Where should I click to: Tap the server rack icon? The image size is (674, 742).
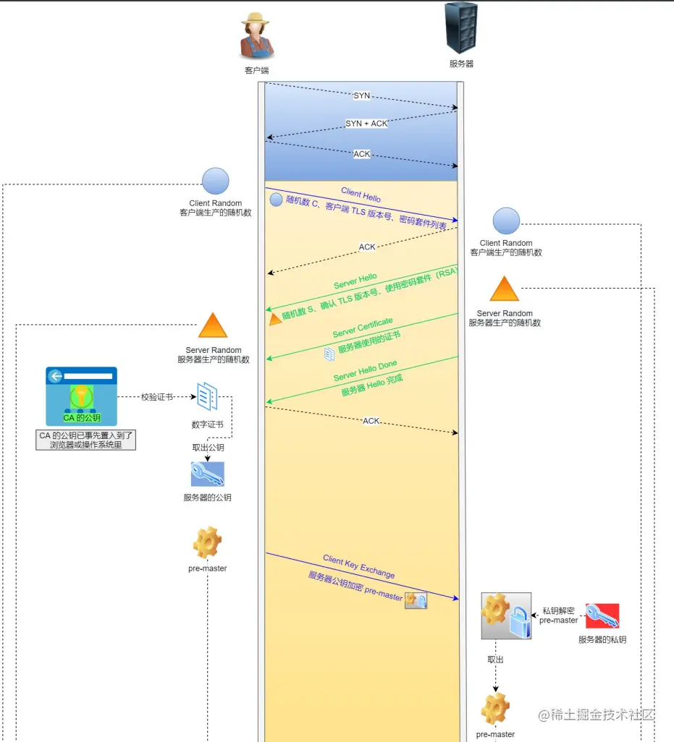point(461,28)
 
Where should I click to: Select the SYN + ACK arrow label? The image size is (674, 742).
point(366,124)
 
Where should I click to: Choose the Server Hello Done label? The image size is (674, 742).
point(365,371)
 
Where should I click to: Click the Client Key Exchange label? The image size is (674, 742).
point(359,567)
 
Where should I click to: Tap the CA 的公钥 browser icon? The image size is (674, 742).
point(81,396)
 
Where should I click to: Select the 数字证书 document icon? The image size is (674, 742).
point(208,396)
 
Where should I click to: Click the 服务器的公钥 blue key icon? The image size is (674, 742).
point(207,474)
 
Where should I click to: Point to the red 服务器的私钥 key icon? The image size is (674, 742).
point(602,615)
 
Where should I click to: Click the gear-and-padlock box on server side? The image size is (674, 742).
point(506,615)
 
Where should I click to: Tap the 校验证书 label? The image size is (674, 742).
point(157,397)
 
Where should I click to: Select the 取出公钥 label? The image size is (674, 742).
point(208,448)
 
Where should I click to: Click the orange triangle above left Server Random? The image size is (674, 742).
point(213,326)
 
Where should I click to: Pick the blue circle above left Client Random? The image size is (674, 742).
point(215,181)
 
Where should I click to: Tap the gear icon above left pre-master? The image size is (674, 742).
point(207,543)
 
